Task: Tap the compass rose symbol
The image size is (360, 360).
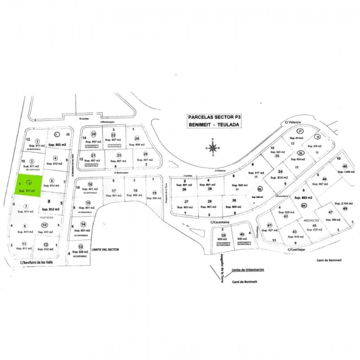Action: pyautogui.click(x=213, y=148)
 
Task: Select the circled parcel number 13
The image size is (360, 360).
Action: pyautogui.click(x=81, y=246)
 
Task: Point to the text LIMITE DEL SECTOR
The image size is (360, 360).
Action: pyautogui.click(x=105, y=249)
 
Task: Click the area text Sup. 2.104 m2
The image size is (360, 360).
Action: pyautogui.click(x=343, y=203)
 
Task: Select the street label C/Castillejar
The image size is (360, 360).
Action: pyautogui.click(x=300, y=250)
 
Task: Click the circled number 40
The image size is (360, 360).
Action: pyautogui.click(x=242, y=234)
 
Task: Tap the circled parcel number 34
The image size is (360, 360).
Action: pyautogui.click(x=280, y=172)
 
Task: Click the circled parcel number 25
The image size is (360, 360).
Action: pyautogui.click(x=145, y=154)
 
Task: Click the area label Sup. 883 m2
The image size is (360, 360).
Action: pyautogui.click(x=304, y=197)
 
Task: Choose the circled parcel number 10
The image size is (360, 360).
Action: pyautogui.click(x=44, y=225)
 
